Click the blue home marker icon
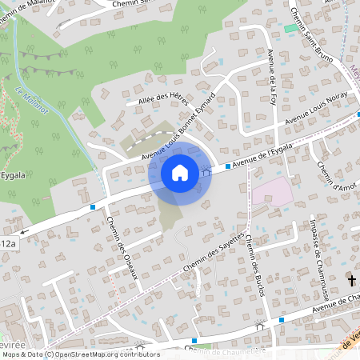[180, 172]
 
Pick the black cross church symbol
[352, 280]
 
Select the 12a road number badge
[8, 243]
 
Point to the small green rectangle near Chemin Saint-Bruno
[289, 29]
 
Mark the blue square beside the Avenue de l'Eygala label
[228, 166]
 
